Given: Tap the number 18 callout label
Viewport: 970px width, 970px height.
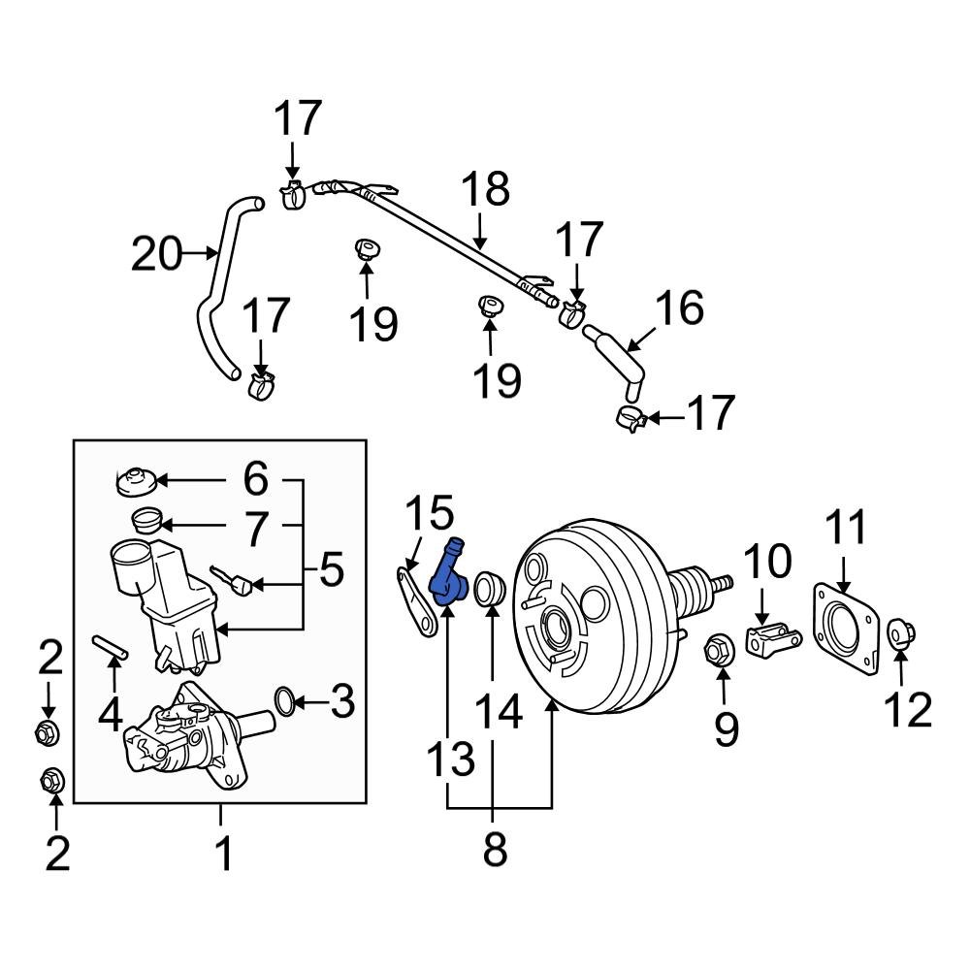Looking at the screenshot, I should tap(484, 191).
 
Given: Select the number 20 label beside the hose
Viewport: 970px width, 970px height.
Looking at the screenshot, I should tap(157, 255).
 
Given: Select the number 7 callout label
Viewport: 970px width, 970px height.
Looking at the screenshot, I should tap(254, 530).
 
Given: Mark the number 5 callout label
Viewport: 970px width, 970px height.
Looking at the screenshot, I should tap(332, 570).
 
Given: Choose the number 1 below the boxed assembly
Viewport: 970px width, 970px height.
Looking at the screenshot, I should tap(223, 855).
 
